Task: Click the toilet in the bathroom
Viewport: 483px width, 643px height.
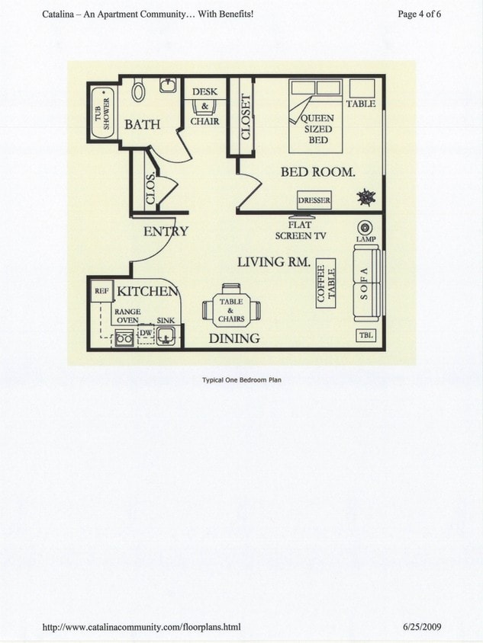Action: [x=139, y=91]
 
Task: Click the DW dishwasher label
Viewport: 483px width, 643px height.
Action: [x=147, y=333]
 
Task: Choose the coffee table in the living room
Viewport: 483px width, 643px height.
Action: [x=326, y=286]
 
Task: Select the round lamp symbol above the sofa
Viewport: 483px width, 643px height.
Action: [x=364, y=227]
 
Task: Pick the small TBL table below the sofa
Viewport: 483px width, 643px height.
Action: [x=365, y=335]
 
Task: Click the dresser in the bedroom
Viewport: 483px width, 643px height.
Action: [x=314, y=201]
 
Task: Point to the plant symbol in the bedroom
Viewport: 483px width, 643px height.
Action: [x=367, y=197]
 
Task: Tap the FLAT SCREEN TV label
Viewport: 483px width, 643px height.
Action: [x=301, y=231]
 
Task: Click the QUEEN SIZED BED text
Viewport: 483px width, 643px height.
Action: [x=318, y=130]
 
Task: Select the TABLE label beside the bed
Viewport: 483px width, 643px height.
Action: [x=361, y=104]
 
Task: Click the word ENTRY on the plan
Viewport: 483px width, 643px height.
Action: [x=166, y=232]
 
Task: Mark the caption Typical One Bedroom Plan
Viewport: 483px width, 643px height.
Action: [x=241, y=379]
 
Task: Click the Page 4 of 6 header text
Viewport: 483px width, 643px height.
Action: [x=420, y=14]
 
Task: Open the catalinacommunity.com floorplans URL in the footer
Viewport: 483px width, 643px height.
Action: [x=141, y=627]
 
